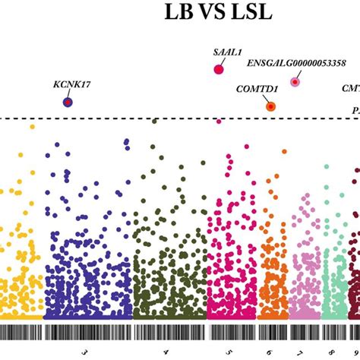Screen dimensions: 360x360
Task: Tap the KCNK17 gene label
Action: tap(72, 84)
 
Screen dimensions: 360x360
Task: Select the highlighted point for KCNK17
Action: tap(68, 102)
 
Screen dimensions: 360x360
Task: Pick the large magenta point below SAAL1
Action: tap(219, 69)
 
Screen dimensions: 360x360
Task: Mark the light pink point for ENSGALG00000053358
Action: tap(295, 82)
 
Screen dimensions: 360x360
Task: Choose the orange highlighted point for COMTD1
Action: tap(270, 106)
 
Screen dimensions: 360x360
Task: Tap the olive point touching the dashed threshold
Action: tap(155, 120)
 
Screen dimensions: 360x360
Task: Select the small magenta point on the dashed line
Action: tap(219, 121)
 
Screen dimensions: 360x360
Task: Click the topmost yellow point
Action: tap(32, 127)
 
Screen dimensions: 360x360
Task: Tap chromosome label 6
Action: tap(270, 352)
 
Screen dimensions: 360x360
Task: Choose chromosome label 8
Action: tap(331, 352)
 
